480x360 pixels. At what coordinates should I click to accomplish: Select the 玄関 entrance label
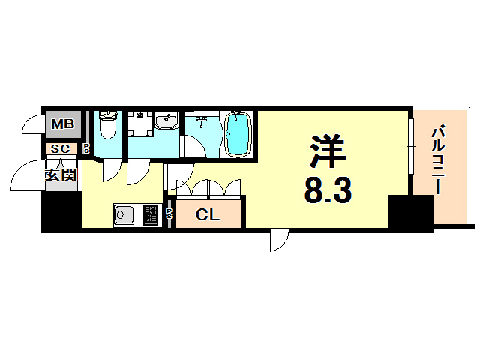(60, 175)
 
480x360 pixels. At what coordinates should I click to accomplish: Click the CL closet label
(208, 215)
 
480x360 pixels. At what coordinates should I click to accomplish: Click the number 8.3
(328, 191)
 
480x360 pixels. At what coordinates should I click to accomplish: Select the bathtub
(238, 133)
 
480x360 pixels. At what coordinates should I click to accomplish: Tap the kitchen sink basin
(123, 216)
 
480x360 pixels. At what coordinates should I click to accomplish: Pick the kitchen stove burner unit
(151, 216)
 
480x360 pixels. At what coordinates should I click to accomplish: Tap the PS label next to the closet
(169, 214)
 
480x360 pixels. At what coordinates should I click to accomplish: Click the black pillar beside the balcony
(410, 213)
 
